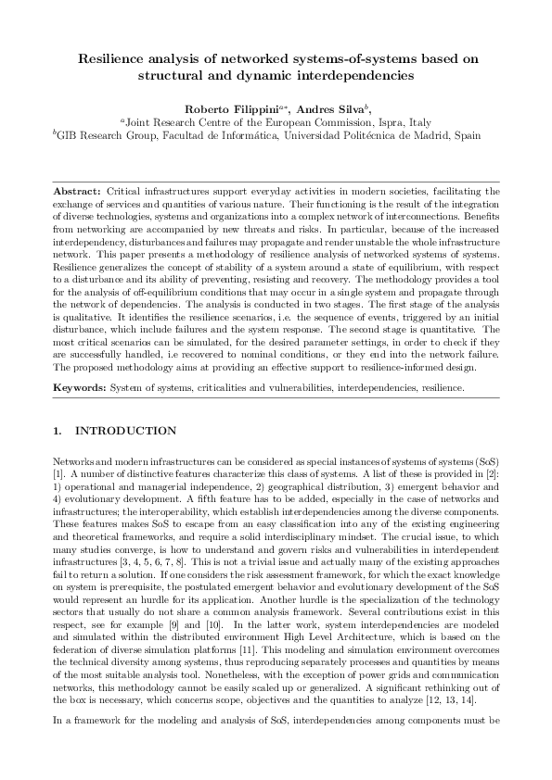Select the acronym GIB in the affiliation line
point(69,134)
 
